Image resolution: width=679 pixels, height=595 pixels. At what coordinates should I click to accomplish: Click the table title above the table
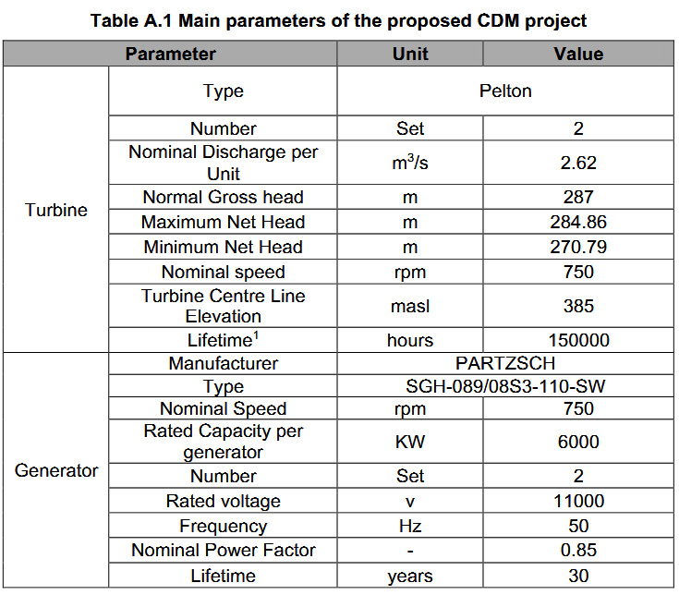point(339,20)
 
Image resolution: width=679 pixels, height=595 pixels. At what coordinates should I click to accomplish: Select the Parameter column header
point(170,55)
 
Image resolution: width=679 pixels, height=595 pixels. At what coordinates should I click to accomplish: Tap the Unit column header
point(410,55)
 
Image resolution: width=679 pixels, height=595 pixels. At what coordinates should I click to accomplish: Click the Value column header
point(578,55)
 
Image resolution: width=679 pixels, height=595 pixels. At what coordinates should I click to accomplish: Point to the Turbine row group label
point(56,210)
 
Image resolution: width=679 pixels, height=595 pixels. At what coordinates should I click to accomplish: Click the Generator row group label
point(56,470)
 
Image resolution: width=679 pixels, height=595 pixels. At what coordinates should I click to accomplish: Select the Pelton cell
point(505,91)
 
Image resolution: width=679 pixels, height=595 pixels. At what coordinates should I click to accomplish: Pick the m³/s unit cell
point(410,163)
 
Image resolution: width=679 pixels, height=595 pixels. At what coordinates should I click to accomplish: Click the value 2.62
point(578,163)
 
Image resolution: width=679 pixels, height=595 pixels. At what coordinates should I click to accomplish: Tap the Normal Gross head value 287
point(578,197)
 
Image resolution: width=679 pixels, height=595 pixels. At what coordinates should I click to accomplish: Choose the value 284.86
point(578,222)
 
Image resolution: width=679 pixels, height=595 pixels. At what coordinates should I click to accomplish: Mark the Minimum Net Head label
point(223,247)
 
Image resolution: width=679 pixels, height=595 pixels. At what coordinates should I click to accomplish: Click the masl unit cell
point(410,306)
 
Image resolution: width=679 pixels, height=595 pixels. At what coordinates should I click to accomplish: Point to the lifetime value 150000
point(578,340)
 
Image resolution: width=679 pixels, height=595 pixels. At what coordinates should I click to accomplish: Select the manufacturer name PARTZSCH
point(505,363)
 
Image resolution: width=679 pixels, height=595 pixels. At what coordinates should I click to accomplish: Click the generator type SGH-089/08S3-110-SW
point(505,386)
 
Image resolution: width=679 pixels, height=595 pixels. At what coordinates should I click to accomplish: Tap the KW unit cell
point(410,442)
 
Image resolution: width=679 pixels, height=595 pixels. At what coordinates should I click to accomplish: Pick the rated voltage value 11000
point(578,501)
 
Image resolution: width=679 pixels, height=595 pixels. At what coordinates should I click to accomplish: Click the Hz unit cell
point(410,526)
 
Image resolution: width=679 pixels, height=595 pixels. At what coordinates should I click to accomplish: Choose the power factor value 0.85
point(578,550)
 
